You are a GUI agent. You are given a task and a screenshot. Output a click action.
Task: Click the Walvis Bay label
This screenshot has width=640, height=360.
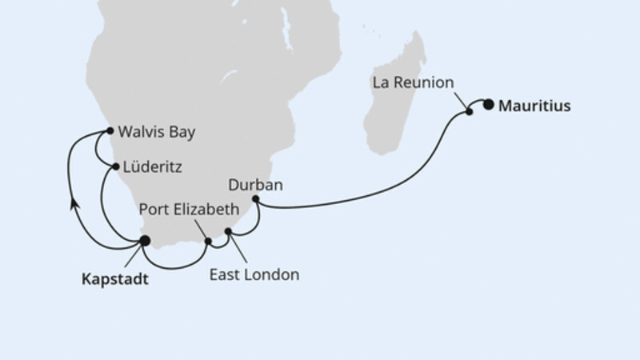coord(156,130)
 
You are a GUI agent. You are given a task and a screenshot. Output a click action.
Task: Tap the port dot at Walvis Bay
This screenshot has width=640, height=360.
coord(109,130)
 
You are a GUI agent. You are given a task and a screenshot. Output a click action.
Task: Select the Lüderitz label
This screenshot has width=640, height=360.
coord(152,168)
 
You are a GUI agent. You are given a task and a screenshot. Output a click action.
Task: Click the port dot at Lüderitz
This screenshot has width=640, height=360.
coord(116,167)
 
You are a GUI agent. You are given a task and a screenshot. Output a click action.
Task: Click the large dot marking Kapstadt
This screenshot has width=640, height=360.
coord(145,240)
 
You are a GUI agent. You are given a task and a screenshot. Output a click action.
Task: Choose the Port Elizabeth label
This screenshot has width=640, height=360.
coord(190,210)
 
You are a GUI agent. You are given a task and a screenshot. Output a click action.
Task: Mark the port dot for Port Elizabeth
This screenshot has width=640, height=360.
coord(208,241)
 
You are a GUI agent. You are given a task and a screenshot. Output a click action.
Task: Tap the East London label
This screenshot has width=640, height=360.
coord(254,275)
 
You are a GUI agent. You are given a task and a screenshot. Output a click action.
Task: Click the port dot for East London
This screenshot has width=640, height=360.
coord(228,232)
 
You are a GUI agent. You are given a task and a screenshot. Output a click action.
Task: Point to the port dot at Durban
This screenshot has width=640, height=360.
coord(255,198)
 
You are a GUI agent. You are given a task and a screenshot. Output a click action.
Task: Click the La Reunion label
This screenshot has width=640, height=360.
coord(413,82)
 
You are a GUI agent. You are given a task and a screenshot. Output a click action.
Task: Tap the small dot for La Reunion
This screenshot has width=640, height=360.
coord(470,112)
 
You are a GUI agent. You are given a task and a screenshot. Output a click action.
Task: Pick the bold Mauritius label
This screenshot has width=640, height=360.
coord(534,105)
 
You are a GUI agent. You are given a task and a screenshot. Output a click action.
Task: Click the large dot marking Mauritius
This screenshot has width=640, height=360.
coord(489,103)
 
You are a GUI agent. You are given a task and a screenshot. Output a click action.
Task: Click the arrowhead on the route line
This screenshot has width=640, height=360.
coord(73,205)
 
